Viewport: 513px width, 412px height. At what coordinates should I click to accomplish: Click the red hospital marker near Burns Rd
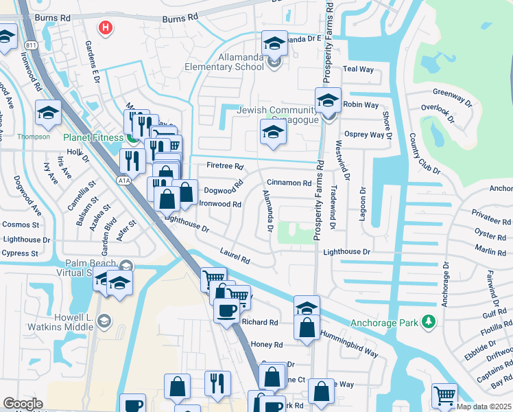pyautogui.click(x=105, y=28)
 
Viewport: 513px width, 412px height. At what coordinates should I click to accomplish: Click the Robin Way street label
pyautogui.click(x=361, y=104)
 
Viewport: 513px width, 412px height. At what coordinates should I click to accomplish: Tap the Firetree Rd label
pyautogui.click(x=225, y=166)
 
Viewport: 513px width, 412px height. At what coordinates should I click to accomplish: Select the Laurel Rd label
pyautogui.click(x=235, y=256)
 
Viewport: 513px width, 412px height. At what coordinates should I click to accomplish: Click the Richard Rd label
pyautogui.click(x=259, y=322)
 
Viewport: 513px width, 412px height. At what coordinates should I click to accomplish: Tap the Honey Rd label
pyautogui.click(x=267, y=345)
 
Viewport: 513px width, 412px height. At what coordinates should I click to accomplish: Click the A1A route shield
pyautogui.click(x=123, y=181)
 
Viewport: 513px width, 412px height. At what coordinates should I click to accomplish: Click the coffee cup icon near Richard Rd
pyautogui.click(x=226, y=311)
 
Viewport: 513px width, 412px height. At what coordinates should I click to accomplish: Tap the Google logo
pyautogui.click(x=23, y=404)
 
